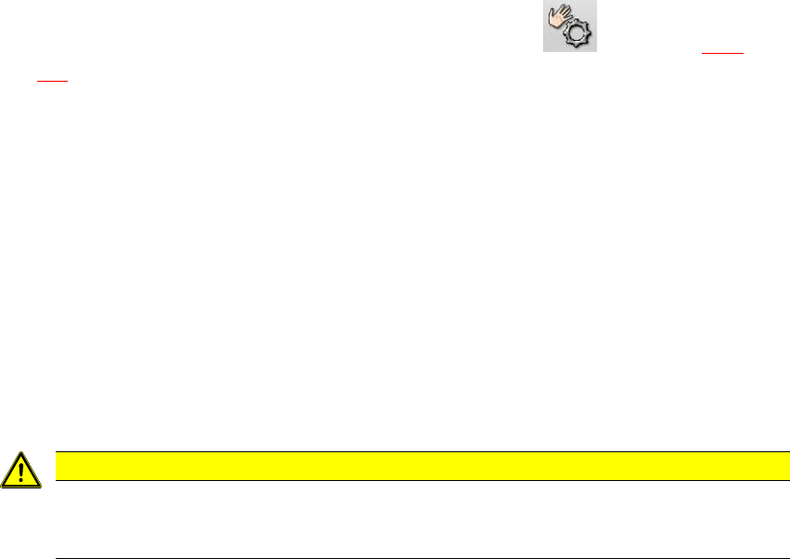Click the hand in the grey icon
(x=561, y=19)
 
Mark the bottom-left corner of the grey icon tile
(x=543, y=51)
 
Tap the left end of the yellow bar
(x=57, y=462)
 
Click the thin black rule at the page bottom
(x=422, y=558)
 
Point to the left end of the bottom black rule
(x=57, y=558)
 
